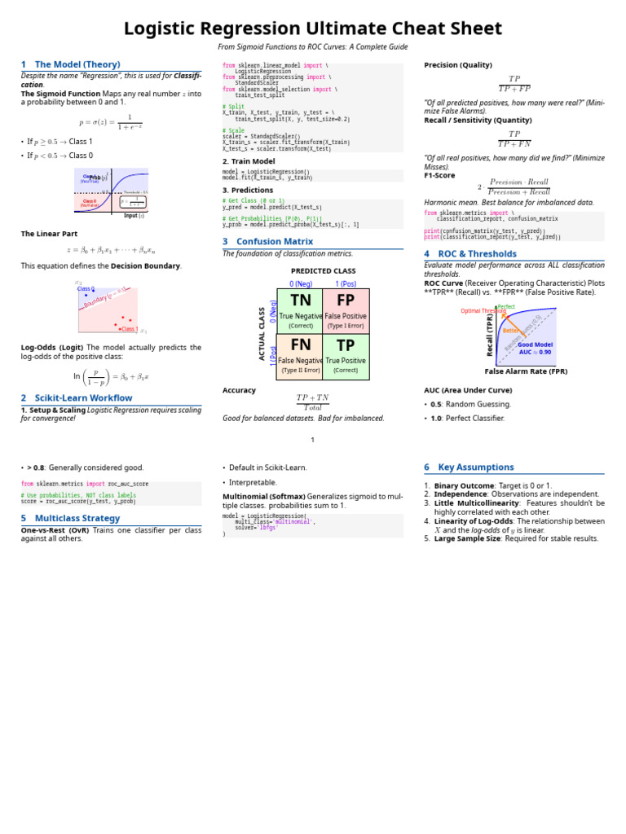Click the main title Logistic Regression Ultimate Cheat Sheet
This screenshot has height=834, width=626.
coord(313,29)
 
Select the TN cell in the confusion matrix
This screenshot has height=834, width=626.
coord(300,310)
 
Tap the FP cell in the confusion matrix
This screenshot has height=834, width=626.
coord(346,310)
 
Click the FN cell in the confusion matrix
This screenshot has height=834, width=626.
coord(300,356)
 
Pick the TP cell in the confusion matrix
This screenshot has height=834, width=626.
coord(346,356)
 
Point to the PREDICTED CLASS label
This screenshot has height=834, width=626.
coord(323,270)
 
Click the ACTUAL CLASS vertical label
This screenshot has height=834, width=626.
coord(262,334)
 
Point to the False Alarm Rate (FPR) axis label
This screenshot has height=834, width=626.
coord(526,371)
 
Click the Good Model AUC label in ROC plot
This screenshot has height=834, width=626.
coord(535,349)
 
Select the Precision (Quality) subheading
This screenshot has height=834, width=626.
coord(458,65)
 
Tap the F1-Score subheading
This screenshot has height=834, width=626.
coord(439,175)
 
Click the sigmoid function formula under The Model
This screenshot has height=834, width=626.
coord(111,121)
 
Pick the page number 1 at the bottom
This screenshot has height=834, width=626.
coord(312,440)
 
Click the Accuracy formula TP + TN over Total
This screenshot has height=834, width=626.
coord(312,402)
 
